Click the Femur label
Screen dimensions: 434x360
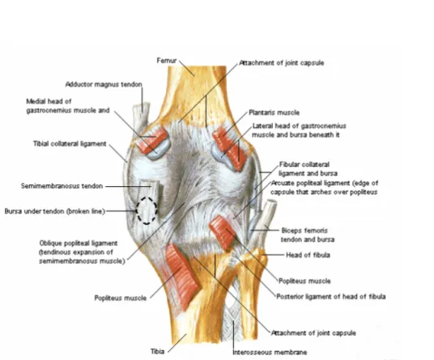(166, 61)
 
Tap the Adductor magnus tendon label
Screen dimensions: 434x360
(104, 84)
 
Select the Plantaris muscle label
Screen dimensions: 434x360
(274, 112)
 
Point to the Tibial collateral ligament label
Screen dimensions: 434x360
(70, 144)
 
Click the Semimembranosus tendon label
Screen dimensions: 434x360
(62, 186)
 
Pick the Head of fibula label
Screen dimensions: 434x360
(308, 255)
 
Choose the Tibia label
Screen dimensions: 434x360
(157, 351)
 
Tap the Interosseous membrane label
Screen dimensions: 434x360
(270, 352)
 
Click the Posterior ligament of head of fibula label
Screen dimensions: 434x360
(330, 297)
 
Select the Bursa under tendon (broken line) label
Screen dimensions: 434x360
(55, 211)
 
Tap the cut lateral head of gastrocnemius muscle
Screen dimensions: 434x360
(230, 147)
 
